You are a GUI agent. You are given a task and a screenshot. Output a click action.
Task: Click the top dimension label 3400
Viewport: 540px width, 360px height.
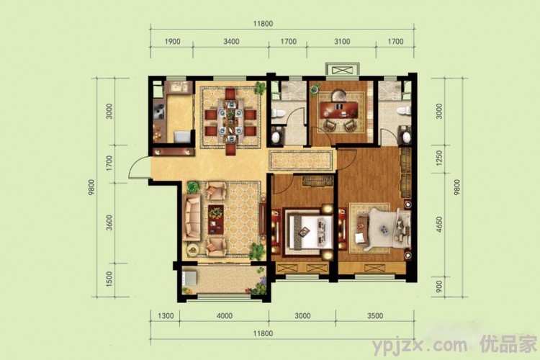231,42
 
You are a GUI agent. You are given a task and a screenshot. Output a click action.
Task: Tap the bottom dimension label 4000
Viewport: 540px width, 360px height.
224,316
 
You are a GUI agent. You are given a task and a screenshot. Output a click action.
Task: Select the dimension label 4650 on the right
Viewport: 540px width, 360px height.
439,224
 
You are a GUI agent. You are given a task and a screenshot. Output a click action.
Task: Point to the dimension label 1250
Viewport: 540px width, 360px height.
439,158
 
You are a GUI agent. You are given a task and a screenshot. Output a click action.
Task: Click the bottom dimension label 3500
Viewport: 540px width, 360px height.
375,316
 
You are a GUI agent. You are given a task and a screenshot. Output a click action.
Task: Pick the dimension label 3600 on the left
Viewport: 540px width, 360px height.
109,222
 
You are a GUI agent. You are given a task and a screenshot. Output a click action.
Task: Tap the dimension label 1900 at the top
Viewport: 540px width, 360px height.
172,42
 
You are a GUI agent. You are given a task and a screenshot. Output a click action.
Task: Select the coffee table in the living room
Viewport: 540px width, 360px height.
216,220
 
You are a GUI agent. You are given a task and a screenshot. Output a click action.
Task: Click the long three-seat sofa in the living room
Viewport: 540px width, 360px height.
192,217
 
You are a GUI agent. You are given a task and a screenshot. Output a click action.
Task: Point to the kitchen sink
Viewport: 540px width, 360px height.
179,88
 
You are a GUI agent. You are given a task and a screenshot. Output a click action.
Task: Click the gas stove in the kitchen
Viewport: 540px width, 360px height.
160,109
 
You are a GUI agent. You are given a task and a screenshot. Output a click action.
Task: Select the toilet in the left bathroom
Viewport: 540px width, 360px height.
278,112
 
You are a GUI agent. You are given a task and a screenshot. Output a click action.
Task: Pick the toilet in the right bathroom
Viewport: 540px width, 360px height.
403,111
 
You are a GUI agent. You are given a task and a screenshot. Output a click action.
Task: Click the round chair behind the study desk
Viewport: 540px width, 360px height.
339,94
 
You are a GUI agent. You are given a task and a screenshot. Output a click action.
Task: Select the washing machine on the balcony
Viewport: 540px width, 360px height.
189,278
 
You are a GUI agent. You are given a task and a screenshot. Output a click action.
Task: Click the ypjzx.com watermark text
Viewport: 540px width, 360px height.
420,344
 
